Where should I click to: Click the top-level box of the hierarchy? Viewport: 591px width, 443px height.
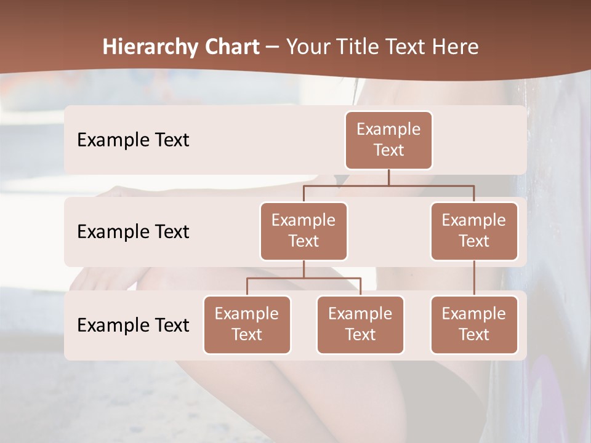click(x=388, y=140)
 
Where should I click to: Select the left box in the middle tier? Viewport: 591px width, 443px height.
click(x=304, y=231)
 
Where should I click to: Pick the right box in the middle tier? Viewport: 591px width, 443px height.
click(x=474, y=231)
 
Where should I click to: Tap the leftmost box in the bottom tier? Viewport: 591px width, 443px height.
click(x=247, y=325)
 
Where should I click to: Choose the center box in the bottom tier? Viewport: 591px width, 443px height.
click(x=360, y=325)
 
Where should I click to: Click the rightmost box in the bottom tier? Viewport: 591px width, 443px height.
click(x=474, y=325)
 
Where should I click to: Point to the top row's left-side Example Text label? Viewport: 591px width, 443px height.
click(x=133, y=140)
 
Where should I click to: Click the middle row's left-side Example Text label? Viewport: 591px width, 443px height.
click(x=133, y=232)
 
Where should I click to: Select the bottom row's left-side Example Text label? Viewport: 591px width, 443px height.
click(x=133, y=325)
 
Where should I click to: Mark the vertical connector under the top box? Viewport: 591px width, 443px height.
click(x=388, y=177)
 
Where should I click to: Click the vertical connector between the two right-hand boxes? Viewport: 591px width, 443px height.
click(x=474, y=278)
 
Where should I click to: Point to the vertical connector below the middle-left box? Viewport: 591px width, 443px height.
click(x=304, y=269)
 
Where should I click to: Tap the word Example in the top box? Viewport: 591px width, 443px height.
click(x=388, y=130)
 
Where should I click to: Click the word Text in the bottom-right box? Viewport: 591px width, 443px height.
click(x=474, y=335)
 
